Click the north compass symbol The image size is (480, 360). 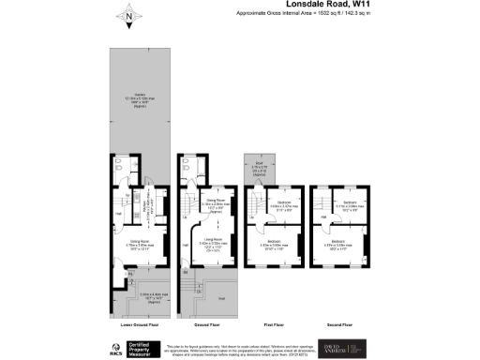(x=128, y=14)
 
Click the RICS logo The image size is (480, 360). (x=118, y=346)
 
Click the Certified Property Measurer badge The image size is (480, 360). (x=150, y=346)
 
